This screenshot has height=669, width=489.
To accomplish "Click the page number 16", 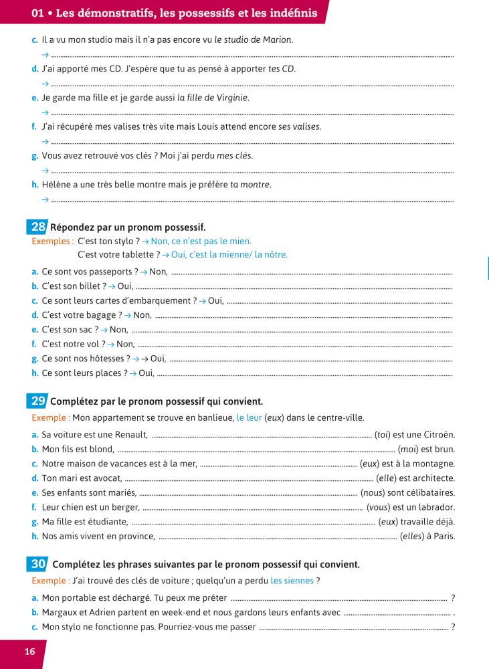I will click(29, 652).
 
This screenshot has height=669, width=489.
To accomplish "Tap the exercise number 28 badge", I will click(37, 227).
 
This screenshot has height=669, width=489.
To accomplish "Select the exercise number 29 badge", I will click(38, 401).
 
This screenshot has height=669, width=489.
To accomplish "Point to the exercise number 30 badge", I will click(38, 564).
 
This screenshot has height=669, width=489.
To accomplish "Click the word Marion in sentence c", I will click(277, 39).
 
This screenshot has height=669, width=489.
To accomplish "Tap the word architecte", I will click(431, 478).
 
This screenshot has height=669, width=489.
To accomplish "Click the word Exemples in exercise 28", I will click(52, 242).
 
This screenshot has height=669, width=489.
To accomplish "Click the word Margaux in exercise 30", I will click(60, 612).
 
